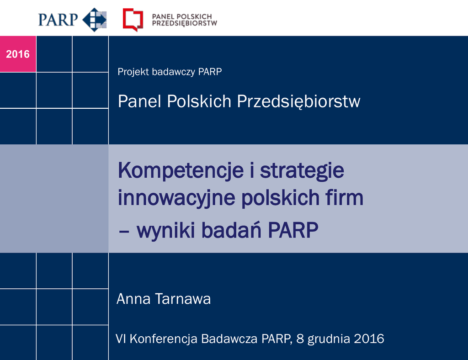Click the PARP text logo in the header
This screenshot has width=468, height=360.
click(x=58, y=20)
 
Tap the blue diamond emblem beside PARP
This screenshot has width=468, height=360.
click(x=94, y=20)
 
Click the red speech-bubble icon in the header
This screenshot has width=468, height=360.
click(x=133, y=20)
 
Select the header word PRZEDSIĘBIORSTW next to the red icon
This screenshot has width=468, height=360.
click(x=185, y=23)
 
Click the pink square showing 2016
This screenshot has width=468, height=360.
click(x=18, y=54)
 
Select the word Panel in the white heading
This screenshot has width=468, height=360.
click(x=140, y=101)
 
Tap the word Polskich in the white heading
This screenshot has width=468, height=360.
click(x=199, y=101)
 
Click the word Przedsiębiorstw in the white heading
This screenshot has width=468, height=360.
click(x=298, y=102)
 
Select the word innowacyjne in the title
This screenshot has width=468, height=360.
click(x=176, y=198)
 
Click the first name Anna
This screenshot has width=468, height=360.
click(x=133, y=299)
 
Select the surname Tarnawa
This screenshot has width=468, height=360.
click(x=183, y=299)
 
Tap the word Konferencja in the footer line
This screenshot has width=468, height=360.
click(x=164, y=339)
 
